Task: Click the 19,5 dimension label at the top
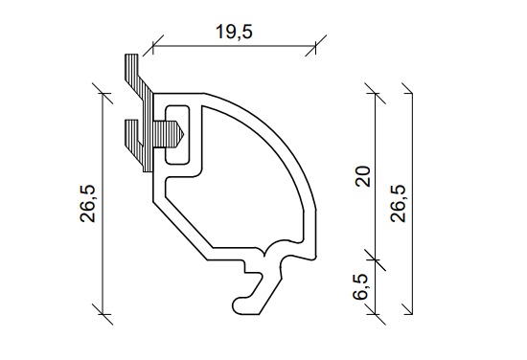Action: [x=234, y=33]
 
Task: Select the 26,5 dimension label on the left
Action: [x=88, y=204]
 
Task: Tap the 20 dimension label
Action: [x=363, y=176]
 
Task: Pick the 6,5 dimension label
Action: [x=361, y=286]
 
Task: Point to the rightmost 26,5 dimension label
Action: [x=399, y=204]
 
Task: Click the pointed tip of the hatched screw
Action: [x=183, y=134]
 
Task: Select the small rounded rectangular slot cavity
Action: [x=177, y=135]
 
